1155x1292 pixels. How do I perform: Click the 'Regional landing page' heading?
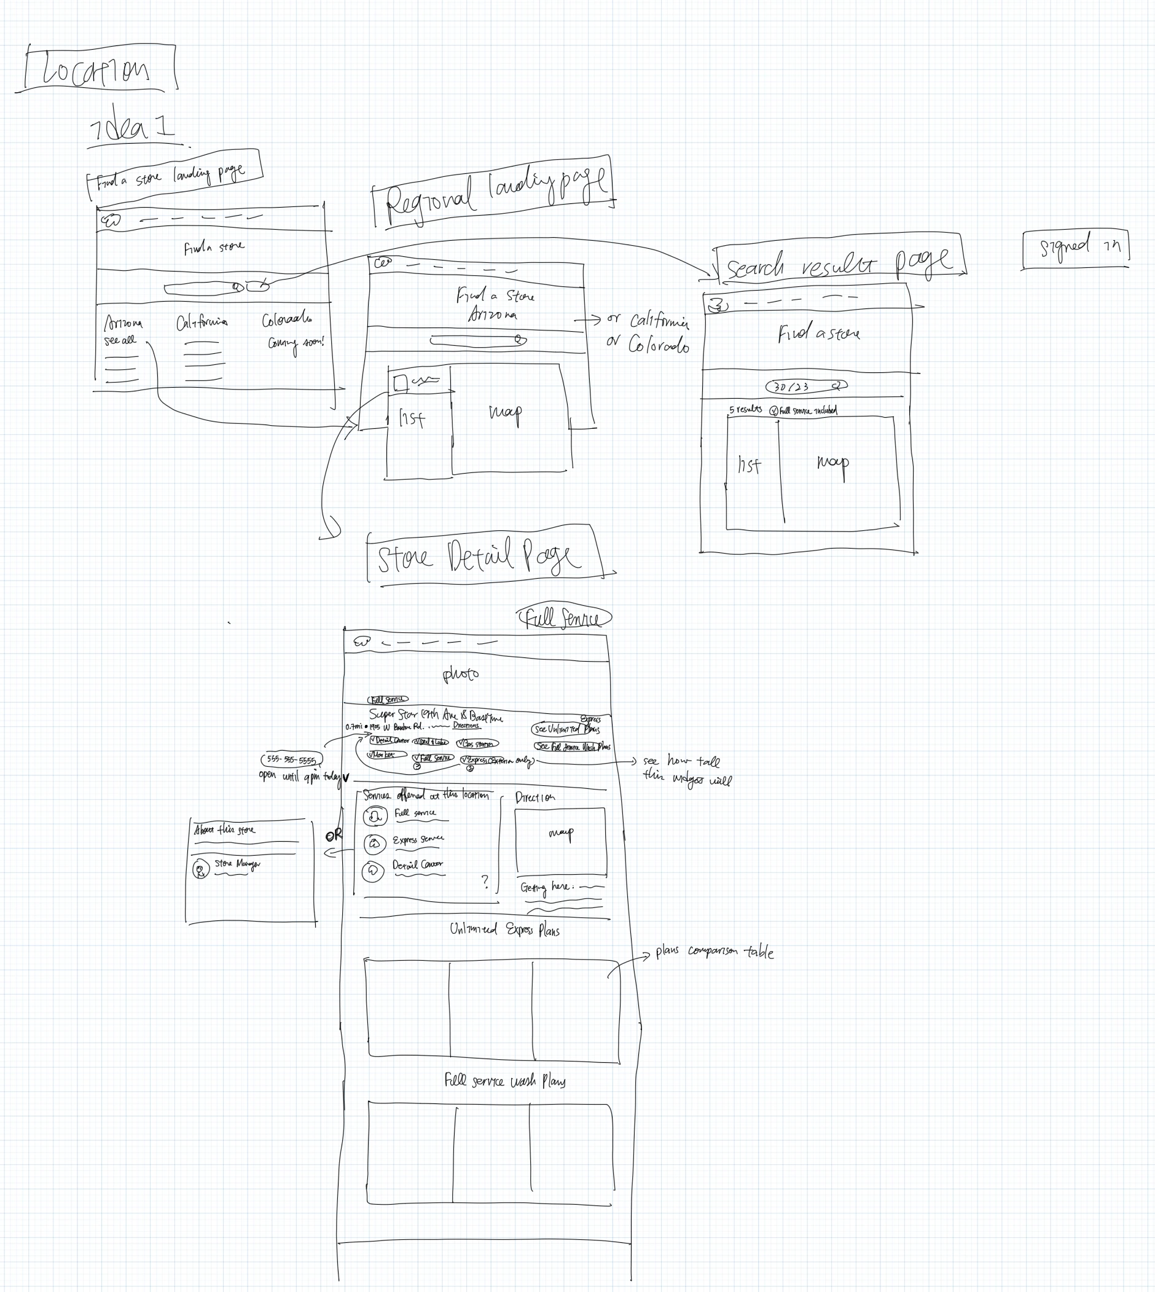pyautogui.click(x=494, y=191)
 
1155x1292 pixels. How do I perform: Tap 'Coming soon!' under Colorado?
pyautogui.click(x=295, y=343)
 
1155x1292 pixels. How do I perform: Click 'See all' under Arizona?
pyautogui.click(x=120, y=340)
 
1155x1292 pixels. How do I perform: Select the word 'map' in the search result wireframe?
pyautogui.click(x=832, y=463)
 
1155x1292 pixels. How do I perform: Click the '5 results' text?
pyautogui.click(x=745, y=410)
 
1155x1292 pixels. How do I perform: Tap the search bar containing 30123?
pyautogui.click(x=806, y=386)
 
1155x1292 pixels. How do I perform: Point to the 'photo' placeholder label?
pyautogui.click(x=461, y=674)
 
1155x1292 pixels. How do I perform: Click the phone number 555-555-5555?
pyautogui.click(x=291, y=759)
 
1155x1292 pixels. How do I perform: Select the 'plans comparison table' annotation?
pyautogui.click(x=714, y=952)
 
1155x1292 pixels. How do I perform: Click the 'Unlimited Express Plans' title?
pyautogui.click(x=504, y=930)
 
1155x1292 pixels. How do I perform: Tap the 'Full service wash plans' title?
pyautogui.click(x=504, y=1081)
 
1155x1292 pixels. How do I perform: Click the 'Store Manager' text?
pyautogui.click(x=237, y=864)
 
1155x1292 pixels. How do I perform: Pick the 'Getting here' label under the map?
pyautogui.click(x=546, y=887)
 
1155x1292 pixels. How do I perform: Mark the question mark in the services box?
pyautogui.click(x=485, y=881)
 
